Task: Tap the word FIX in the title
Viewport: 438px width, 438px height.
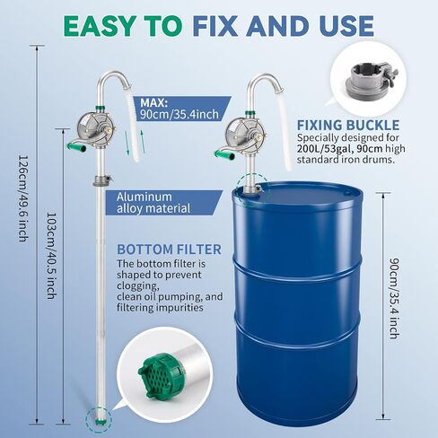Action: (216, 26)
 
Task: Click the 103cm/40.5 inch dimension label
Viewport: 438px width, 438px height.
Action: (51, 256)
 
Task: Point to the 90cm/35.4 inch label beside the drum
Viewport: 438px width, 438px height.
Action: (394, 298)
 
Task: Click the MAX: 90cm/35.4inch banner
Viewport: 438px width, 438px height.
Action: (180, 109)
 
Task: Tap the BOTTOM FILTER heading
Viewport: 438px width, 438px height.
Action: (169, 250)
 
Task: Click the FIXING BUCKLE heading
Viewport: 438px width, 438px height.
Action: (348, 125)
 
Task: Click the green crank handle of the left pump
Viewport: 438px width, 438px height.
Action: (77, 148)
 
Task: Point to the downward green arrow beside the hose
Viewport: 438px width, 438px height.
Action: (127, 143)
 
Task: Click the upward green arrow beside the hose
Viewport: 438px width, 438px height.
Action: (143, 141)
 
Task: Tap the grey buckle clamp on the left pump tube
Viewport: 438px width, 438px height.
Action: (102, 181)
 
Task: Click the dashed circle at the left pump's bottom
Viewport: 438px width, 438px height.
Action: (99, 419)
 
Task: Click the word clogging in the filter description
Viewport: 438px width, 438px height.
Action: (137, 286)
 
